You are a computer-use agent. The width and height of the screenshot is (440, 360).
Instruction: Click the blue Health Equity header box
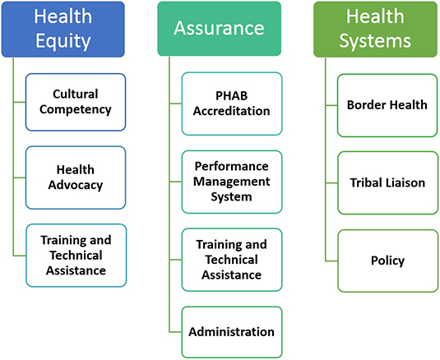tap(63, 29)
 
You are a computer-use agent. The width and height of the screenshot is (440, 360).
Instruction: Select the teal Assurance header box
tap(219, 29)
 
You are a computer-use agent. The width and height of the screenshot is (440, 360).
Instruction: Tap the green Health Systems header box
tap(375, 29)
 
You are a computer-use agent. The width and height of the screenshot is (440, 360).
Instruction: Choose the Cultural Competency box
tap(76, 102)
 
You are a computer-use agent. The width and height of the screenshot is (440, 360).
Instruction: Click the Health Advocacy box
tap(76, 178)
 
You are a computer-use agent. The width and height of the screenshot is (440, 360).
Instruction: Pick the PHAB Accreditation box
tap(232, 104)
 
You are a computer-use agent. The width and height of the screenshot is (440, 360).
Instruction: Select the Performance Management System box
tap(232, 182)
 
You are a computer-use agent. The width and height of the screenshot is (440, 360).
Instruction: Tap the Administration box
tap(232, 332)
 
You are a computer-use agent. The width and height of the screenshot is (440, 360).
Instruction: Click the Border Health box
tap(387, 105)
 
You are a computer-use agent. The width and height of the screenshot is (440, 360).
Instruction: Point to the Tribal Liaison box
tap(387, 183)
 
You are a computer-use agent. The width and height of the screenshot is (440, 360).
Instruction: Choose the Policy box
tap(387, 261)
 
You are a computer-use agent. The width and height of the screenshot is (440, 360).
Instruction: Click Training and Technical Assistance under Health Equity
tap(76, 256)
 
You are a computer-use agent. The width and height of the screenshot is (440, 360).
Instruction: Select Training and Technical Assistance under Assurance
tap(232, 260)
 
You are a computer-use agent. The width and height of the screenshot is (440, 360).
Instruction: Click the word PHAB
tap(231, 96)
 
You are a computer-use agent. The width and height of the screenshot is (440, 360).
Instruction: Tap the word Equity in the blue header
tap(63, 41)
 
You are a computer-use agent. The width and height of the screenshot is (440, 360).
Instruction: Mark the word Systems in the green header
tap(375, 41)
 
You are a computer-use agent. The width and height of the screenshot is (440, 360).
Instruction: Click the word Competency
tap(76, 109)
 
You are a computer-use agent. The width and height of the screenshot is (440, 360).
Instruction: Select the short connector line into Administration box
tap(175, 332)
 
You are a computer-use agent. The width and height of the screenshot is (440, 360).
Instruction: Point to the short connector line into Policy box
tap(331, 261)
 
